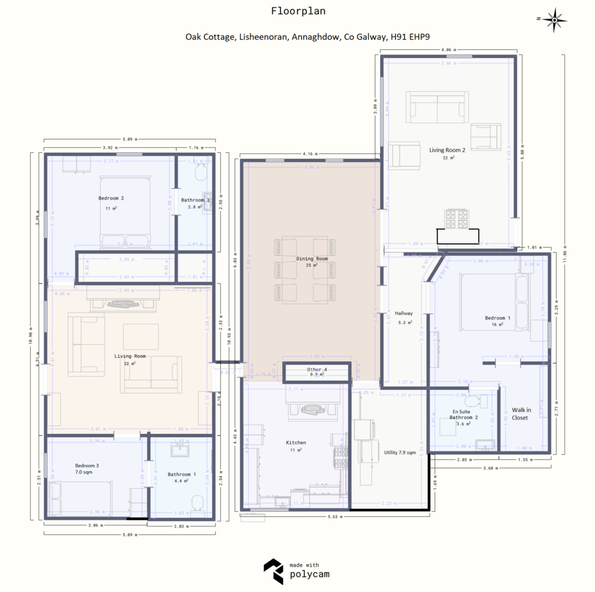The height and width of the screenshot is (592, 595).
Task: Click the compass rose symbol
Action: (555, 19)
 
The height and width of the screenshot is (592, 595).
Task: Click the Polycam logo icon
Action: (274, 571)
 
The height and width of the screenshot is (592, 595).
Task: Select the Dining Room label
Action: (312, 259)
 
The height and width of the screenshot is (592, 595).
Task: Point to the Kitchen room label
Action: (296, 443)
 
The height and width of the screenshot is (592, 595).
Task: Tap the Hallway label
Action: (403, 313)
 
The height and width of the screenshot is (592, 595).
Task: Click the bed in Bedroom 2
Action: (124, 212)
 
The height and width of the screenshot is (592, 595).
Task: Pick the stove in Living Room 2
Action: (456, 220)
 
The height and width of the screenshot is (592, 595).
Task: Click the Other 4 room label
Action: (317, 369)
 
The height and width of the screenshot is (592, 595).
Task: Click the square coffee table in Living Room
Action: (141, 336)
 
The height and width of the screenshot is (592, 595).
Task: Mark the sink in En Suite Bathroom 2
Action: (485, 445)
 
